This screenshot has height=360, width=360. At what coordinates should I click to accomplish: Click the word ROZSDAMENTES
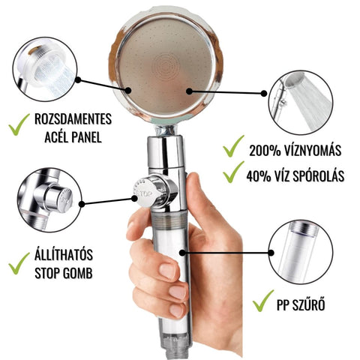point(73,119)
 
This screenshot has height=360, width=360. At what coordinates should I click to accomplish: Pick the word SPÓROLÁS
point(319,175)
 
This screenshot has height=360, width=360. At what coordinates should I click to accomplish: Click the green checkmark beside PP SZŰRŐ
point(262,301)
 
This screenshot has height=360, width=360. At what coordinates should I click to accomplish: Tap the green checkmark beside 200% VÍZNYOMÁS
point(233,146)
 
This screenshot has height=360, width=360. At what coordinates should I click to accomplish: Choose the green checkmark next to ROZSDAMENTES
point(19,124)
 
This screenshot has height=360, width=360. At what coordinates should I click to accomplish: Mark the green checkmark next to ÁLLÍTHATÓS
point(19,264)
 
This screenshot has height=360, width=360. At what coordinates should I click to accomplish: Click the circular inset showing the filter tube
point(301,253)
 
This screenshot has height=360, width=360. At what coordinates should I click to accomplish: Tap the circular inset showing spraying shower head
point(301,103)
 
